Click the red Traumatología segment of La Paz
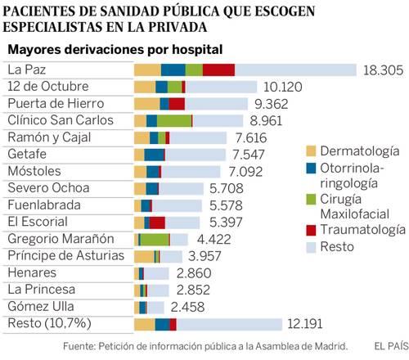click(x=218, y=70)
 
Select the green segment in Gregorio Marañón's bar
click(x=155, y=240)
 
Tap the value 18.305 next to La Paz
click(x=383, y=70)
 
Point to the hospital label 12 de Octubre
click(x=48, y=87)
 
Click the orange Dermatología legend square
click(x=311, y=151)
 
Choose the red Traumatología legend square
click(x=311, y=230)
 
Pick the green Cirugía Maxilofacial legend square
click(x=311, y=200)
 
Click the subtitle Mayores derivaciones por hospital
click(x=115, y=50)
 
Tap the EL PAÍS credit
click(x=392, y=346)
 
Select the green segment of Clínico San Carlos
click(x=174, y=121)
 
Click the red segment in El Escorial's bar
click(x=157, y=223)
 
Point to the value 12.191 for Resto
click(x=305, y=324)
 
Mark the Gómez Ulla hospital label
click(x=41, y=306)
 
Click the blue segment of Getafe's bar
click(x=154, y=155)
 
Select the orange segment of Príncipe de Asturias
click(x=144, y=256)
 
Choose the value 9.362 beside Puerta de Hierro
click(x=271, y=104)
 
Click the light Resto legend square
click(x=311, y=247)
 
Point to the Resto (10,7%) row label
click(x=49, y=323)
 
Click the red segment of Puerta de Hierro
click(x=177, y=104)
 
